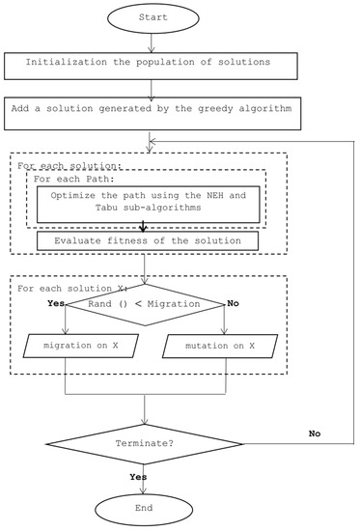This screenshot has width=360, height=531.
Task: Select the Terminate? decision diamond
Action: [x=145, y=443]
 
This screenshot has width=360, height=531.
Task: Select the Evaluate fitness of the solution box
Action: [x=145, y=239]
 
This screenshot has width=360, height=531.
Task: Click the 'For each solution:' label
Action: [x=57, y=165]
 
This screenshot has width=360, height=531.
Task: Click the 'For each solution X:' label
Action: [x=64, y=286]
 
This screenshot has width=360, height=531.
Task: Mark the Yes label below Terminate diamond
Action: [x=139, y=478]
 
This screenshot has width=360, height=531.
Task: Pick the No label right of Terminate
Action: [x=315, y=433]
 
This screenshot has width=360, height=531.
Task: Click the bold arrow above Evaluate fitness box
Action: [x=145, y=227]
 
